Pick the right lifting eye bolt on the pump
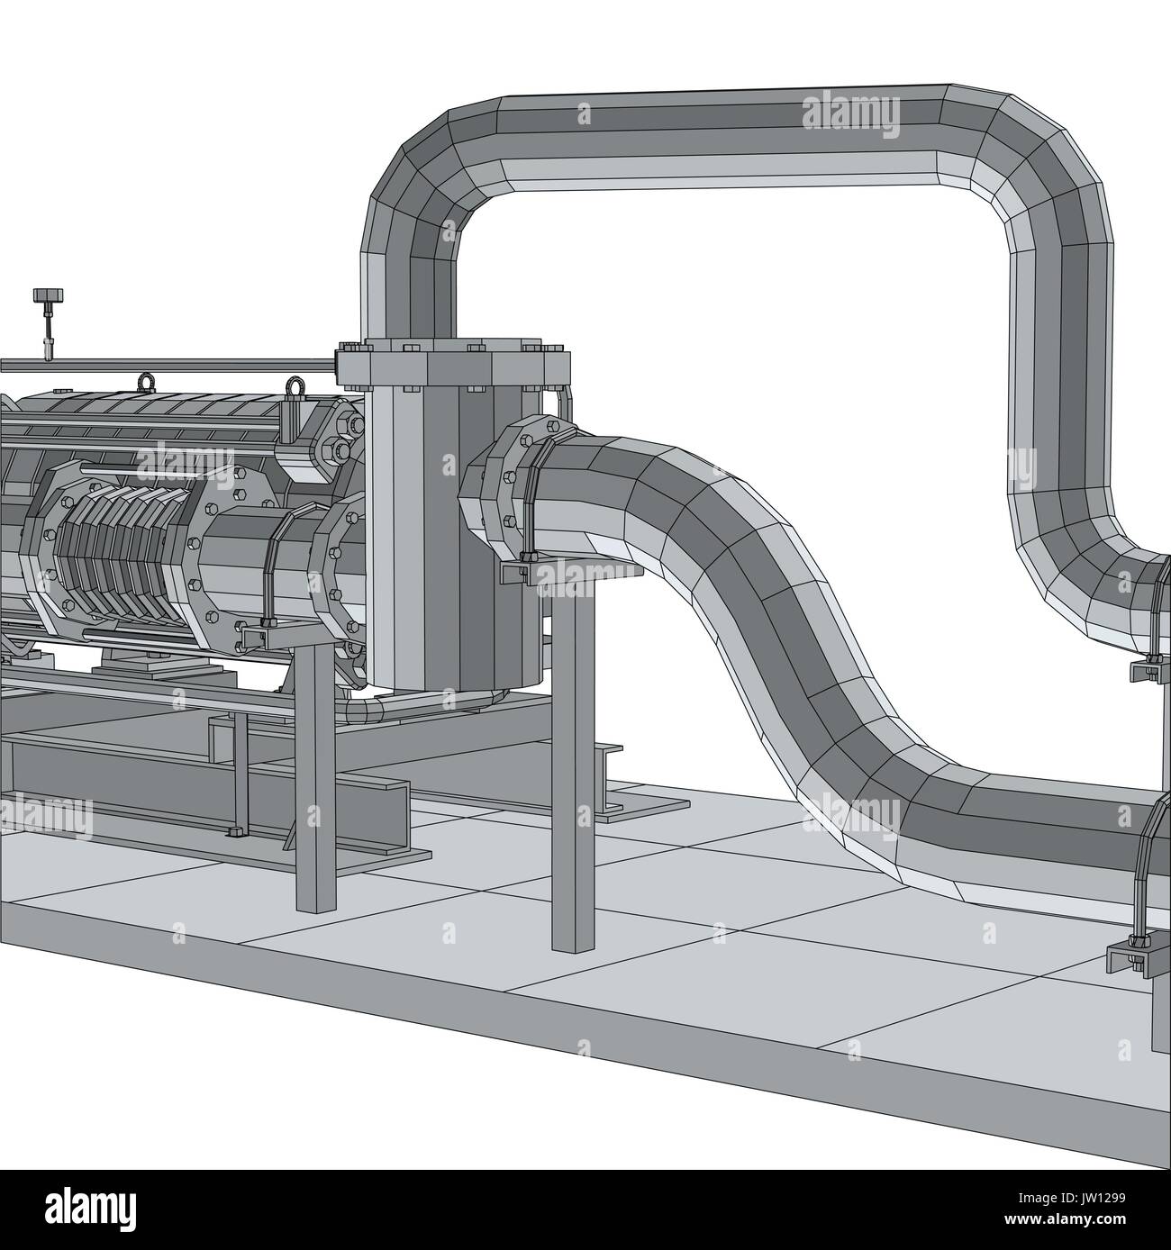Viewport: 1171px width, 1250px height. (293, 388)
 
